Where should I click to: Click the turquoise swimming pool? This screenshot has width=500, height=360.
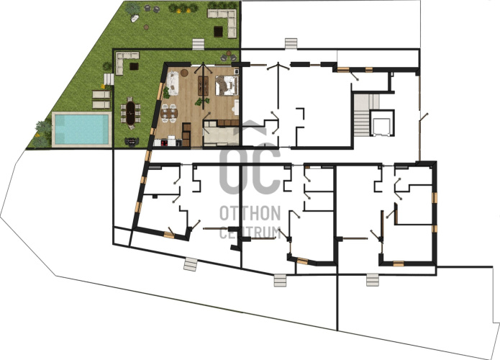tap(81, 129)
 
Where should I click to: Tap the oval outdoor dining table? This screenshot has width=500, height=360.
tap(130, 112)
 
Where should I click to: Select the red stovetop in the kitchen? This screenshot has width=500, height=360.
tap(165, 143)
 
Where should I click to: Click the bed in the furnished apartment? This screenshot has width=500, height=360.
tap(227, 85)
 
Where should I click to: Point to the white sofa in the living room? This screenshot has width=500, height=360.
tap(172, 83)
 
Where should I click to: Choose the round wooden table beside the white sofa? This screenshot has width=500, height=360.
tap(185, 73)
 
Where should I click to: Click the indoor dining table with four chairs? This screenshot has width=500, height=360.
tap(168, 113)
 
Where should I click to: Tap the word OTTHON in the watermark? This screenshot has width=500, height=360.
tap(250, 213)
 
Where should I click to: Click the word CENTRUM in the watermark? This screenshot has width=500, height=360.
tap(250, 233)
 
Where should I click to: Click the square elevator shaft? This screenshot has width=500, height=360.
tap(381, 123)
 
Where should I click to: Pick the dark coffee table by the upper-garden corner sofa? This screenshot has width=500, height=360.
tap(218, 32)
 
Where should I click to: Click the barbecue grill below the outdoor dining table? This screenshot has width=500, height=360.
tap(132, 141)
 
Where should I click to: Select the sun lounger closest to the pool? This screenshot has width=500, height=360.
tap(101, 104)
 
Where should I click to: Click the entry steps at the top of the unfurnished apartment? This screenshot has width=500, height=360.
tap(291, 44)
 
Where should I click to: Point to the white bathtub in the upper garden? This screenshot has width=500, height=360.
tap(135, 19)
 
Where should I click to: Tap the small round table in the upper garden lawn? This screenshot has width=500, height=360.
tap(146, 27)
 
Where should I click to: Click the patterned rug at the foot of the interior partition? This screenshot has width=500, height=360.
tap(203, 86)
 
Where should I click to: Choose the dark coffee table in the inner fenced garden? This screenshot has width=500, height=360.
tap(134, 66)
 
